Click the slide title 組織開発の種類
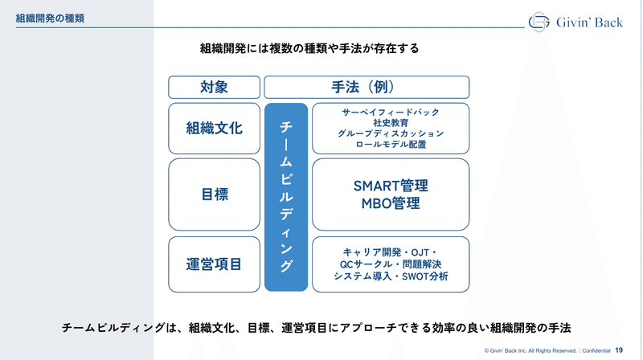50,18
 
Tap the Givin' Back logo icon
539,22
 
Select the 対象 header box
214,88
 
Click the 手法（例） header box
367,88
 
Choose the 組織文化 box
214,129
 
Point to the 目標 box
214,194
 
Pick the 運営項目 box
214,264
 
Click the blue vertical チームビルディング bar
286,197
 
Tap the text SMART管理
391,186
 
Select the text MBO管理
391,203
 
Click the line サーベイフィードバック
391,112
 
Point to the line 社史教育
391,123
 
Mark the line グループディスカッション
391,133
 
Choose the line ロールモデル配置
391,145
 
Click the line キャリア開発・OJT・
391,252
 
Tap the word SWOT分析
425,276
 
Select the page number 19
619,350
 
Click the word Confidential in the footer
596,350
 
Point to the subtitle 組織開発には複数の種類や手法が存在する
309,49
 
